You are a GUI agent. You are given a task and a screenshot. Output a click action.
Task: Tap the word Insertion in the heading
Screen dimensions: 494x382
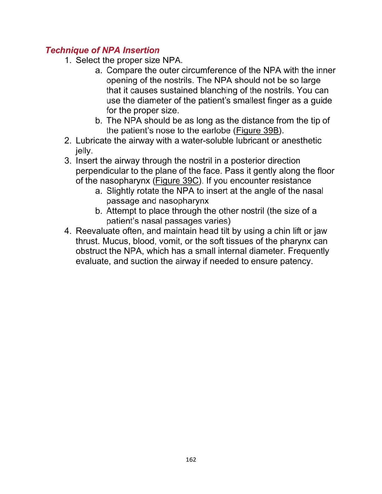141,50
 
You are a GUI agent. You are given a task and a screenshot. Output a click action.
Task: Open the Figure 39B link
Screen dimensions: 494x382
257,130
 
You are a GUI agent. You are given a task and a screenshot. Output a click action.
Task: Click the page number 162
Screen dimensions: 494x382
191,460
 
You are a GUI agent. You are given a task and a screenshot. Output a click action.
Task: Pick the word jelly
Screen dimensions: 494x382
84,151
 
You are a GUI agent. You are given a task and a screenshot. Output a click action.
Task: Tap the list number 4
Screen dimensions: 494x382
68,231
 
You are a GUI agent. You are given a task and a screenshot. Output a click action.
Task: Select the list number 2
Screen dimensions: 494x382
68,141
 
